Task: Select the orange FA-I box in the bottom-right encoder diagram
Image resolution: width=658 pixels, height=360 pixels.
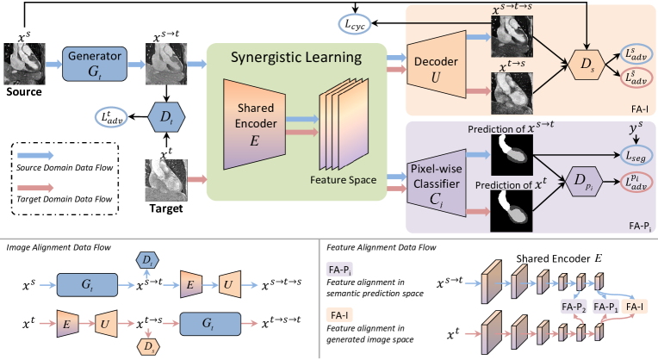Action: pyautogui.click(x=638, y=306)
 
